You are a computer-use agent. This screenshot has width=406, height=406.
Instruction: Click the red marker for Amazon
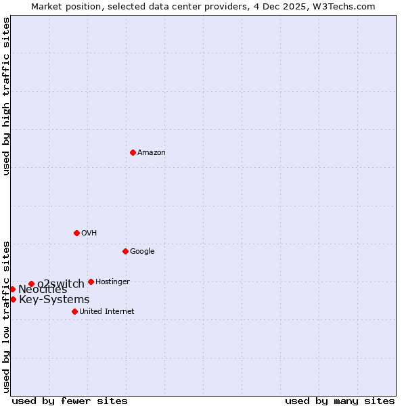(x=133, y=152)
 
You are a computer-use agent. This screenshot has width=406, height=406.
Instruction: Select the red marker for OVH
(x=76, y=233)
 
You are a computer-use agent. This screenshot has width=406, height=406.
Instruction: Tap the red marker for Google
(x=125, y=251)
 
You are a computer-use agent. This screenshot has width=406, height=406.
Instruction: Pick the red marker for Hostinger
(x=91, y=281)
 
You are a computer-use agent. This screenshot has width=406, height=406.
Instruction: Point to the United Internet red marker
(x=74, y=311)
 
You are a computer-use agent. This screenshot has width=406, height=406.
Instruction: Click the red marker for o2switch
(x=31, y=284)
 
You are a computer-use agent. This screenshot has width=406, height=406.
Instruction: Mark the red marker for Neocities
(x=12, y=289)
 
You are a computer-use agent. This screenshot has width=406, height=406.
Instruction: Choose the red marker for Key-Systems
(x=13, y=299)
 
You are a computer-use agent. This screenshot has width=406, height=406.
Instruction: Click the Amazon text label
(x=152, y=153)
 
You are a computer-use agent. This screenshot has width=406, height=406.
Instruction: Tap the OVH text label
(x=89, y=233)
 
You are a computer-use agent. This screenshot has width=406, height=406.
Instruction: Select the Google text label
(x=142, y=252)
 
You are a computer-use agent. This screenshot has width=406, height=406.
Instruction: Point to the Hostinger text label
(x=112, y=282)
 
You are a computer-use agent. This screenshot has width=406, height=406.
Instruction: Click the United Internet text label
(x=106, y=312)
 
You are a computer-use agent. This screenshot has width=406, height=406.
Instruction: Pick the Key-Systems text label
(x=54, y=300)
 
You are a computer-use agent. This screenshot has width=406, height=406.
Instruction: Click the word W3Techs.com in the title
(x=346, y=7)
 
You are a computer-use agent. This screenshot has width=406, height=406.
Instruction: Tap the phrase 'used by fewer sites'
(x=70, y=401)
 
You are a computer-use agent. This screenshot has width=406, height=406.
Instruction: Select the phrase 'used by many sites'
(x=340, y=401)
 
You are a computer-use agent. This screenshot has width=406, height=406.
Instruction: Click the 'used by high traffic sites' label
(x=7, y=96)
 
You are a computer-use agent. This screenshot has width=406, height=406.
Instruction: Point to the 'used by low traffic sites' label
(x=7, y=317)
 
